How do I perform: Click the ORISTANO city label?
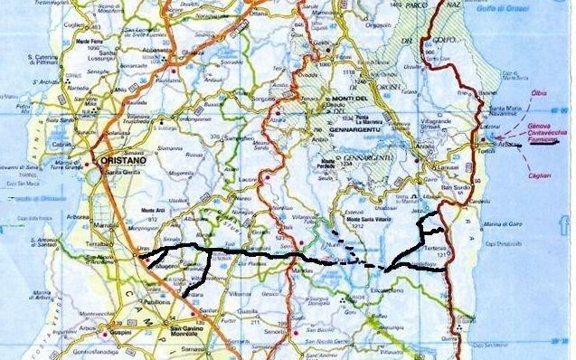point(117,151)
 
